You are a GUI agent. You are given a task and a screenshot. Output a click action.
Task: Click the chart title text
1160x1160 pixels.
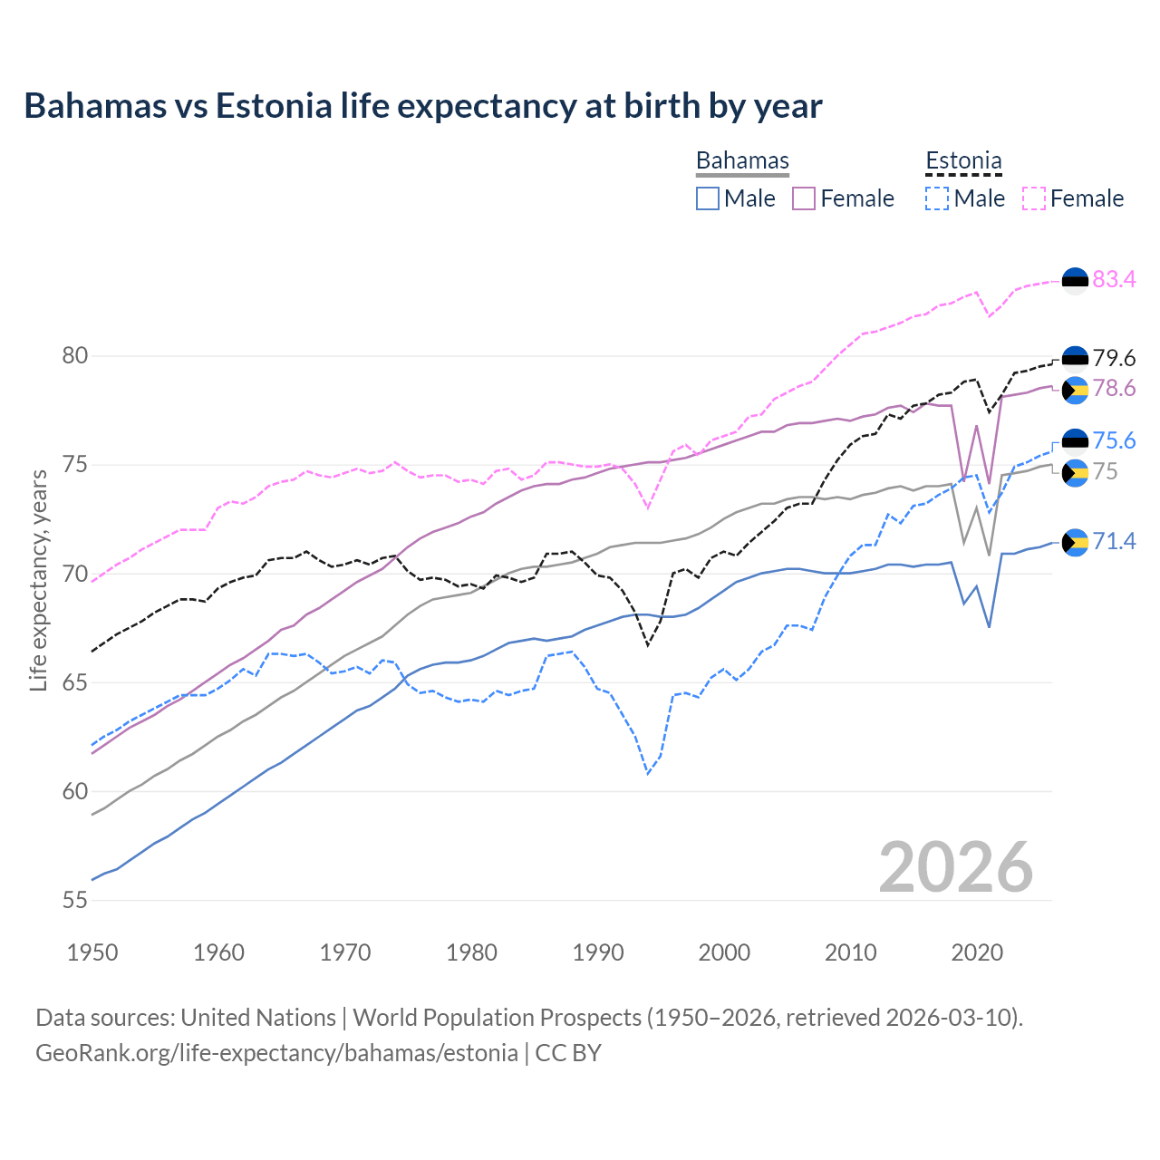tap(422, 106)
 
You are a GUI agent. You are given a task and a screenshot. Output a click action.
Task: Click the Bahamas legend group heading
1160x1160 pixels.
tap(742, 160)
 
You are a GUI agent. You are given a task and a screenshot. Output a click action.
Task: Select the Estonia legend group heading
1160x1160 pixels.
tap(963, 160)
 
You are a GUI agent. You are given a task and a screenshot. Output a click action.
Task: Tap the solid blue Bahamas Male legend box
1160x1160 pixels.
tap(708, 198)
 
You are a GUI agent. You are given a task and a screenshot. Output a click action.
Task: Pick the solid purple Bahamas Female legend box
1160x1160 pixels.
tap(804, 198)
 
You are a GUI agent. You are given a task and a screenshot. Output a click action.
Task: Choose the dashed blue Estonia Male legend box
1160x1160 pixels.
tap(937, 198)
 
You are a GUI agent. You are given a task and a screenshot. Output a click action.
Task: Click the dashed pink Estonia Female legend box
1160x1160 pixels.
tap(1034, 198)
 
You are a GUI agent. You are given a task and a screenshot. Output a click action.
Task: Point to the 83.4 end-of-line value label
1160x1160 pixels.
tap(1114, 279)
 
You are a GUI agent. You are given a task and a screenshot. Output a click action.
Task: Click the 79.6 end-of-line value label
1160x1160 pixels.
tap(1114, 358)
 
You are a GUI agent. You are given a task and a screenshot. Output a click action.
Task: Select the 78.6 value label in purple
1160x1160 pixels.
tap(1114, 389)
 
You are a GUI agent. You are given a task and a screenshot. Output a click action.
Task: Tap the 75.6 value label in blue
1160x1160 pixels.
tap(1114, 440)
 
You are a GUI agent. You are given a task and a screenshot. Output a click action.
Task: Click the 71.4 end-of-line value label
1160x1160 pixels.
tap(1114, 541)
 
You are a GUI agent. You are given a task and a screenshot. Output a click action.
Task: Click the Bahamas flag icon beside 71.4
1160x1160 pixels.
tap(1075, 542)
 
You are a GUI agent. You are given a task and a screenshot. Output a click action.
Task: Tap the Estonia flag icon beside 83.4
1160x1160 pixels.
tap(1075, 281)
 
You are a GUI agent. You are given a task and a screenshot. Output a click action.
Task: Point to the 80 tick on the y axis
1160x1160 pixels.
tap(74, 356)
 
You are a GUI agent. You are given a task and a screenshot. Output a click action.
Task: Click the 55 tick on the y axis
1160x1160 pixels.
tap(74, 900)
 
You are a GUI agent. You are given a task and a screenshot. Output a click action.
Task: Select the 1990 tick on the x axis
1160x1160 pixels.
tap(598, 952)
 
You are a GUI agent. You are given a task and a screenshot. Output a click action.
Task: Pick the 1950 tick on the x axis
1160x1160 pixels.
tap(92, 952)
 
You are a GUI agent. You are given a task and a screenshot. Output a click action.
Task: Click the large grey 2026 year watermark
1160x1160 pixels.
tap(955, 867)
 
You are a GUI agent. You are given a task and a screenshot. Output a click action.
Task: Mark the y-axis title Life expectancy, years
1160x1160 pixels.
tap(38, 580)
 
